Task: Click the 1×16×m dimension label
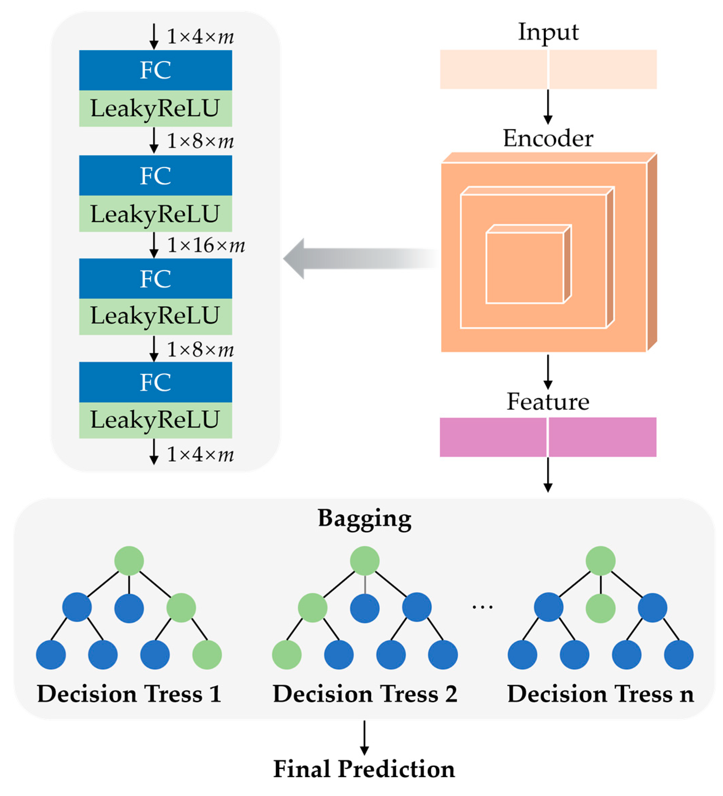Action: (205, 245)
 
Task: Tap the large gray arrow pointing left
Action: (356, 259)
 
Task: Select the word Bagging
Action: (364, 519)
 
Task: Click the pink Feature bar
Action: (548, 437)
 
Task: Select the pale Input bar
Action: (548, 69)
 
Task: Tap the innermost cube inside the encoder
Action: (524, 268)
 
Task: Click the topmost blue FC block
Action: (155, 70)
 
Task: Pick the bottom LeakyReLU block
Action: (155, 420)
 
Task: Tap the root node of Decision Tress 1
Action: (129, 561)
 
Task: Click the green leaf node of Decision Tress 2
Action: (286, 655)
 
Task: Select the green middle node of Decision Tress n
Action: (600, 608)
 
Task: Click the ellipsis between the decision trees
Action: (482, 607)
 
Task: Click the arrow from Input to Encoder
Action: (548, 107)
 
